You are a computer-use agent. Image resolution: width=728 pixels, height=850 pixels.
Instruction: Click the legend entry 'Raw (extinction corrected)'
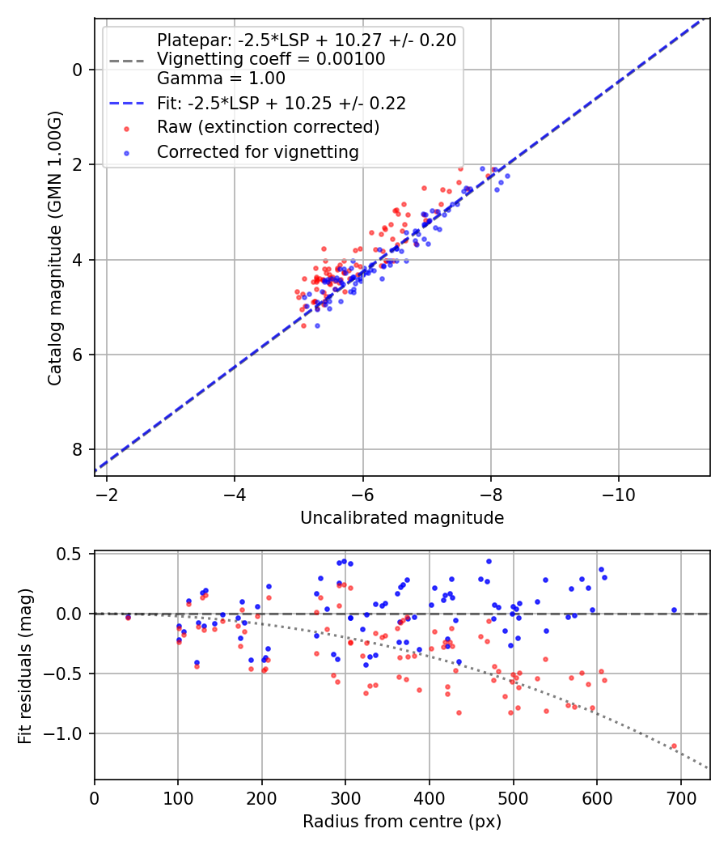coord(268,127)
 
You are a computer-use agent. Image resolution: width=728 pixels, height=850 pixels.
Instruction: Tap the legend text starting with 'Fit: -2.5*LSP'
coord(281,103)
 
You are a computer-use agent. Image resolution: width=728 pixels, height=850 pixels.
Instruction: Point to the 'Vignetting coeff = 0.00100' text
coord(271,59)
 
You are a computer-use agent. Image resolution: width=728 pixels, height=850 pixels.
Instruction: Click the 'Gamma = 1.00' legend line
coord(221,79)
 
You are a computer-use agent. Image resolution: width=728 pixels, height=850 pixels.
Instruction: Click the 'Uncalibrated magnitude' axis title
coord(402,518)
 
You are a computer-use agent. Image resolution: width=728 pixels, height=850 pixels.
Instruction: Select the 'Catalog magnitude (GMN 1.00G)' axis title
coord(54,246)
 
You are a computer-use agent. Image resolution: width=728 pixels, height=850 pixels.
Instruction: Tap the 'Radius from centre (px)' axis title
coord(402,822)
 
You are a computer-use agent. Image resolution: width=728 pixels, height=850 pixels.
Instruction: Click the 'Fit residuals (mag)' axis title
coord(25,665)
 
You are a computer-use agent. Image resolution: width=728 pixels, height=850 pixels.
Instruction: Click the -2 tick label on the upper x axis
coord(107,493)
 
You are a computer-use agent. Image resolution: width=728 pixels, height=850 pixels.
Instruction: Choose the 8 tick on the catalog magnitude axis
coord(78,450)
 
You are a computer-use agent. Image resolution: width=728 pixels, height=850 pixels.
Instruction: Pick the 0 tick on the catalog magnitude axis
coord(78,70)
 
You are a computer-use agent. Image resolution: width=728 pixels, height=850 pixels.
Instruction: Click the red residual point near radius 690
coord(674,746)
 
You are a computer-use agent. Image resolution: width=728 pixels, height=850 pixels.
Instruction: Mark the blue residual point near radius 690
coord(674,610)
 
